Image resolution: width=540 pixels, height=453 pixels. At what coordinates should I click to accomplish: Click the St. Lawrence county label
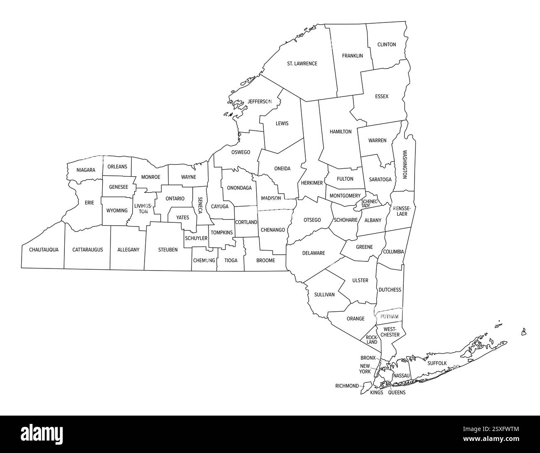point(302,64)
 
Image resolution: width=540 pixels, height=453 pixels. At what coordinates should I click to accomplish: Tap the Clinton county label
point(386,44)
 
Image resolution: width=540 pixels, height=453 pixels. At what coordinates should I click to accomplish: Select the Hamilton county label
point(341,132)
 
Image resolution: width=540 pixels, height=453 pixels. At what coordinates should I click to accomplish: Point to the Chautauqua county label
point(44,250)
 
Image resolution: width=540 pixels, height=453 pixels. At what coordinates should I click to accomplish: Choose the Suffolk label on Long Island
point(437,363)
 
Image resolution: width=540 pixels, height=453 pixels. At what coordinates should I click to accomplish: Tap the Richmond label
point(347,386)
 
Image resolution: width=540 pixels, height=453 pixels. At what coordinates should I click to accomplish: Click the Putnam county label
point(389,317)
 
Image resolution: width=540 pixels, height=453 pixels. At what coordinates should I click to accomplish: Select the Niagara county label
point(86,170)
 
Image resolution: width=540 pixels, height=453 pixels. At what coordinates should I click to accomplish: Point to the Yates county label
point(182,217)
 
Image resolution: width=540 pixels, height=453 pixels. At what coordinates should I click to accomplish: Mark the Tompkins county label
point(221,233)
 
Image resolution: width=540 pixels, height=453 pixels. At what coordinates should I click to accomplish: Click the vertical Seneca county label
point(200,205)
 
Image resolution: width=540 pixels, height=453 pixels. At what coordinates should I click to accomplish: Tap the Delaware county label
point(314,253)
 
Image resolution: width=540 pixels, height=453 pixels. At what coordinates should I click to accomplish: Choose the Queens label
point(397,392)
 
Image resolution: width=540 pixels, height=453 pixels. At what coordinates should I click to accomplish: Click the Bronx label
point(368,358)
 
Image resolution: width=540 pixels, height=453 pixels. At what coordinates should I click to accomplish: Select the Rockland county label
point(372,340)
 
